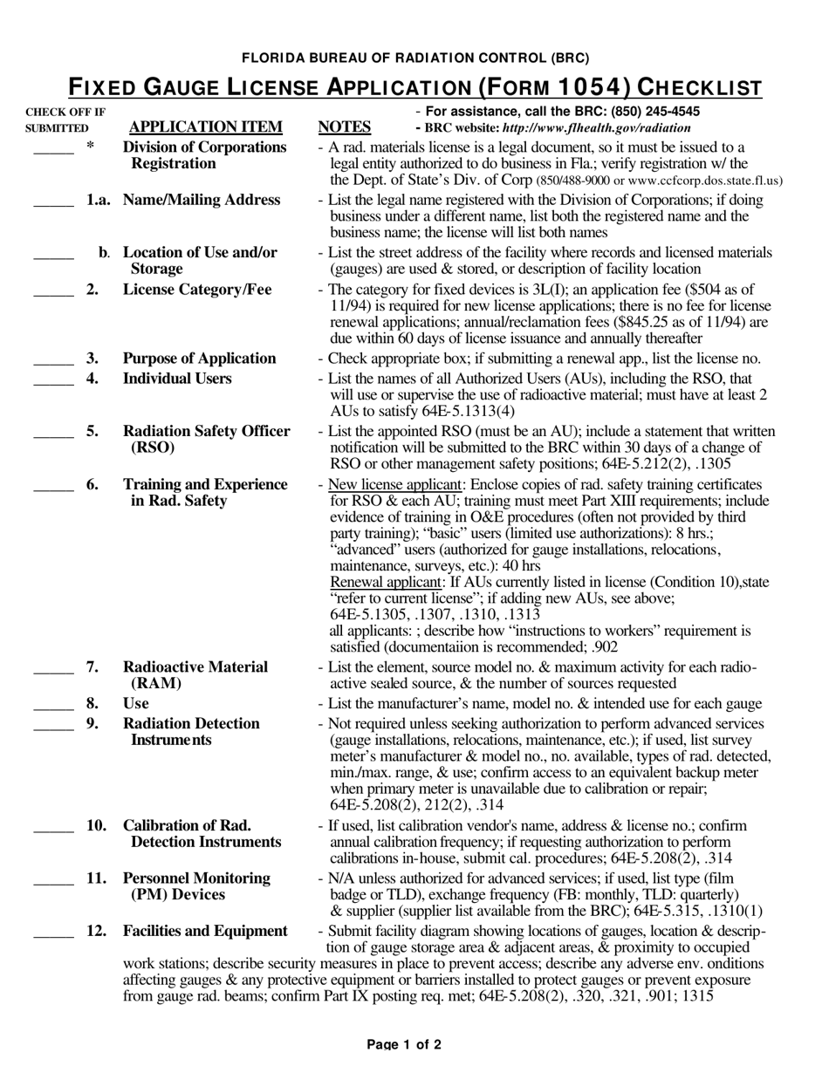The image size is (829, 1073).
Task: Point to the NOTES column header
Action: point(345,127)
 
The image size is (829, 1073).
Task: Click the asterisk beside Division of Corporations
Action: point(90,147)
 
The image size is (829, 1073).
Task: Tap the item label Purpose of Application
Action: point(199,359)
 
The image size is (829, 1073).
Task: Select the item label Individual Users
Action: point(177,379)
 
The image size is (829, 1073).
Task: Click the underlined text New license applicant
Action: point(394,485)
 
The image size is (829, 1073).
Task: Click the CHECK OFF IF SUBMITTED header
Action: point(65,120)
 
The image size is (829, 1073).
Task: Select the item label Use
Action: point(136,704)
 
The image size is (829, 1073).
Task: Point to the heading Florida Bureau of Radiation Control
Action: point(414,58)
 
